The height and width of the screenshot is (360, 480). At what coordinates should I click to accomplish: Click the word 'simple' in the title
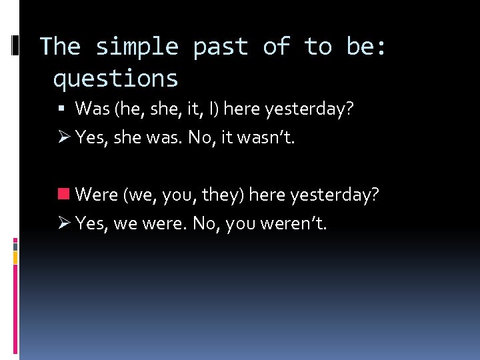[x=137, y=47]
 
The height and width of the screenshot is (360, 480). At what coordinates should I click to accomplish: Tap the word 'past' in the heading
[x=220, y=47]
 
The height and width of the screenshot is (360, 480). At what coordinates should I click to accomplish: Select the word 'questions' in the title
[x=115, y=79]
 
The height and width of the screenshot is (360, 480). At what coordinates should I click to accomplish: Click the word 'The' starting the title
[x=60, y=47]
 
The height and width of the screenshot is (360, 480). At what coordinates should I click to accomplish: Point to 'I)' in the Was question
[x=212, y=108]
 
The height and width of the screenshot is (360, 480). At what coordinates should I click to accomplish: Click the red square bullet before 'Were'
[x=64, y=195]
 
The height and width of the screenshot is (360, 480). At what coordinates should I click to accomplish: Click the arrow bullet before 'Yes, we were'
[x=64, y=223]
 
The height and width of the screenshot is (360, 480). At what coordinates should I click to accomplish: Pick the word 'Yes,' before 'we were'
[x=91, y=223]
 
